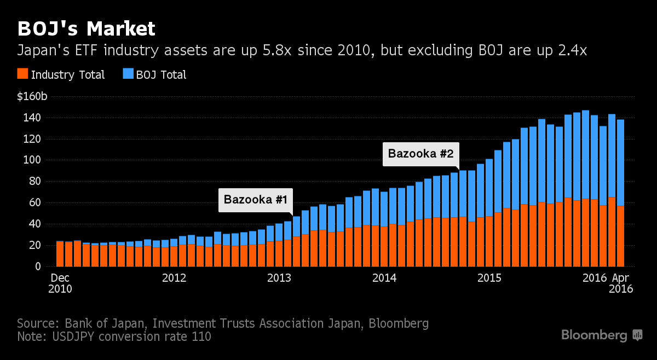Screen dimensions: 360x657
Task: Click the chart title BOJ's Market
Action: coord(86,28)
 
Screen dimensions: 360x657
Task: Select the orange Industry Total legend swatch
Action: coord(22,74)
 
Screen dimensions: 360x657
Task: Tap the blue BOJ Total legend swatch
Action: coord(127,74)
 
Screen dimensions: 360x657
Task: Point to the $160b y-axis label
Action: coord(32,97)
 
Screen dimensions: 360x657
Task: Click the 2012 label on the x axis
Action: coord(174,278)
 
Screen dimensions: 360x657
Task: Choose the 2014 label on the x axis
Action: coord(384,278)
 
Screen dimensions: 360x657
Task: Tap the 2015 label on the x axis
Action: coord(489,278)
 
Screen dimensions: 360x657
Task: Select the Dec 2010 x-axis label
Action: coord(60,283)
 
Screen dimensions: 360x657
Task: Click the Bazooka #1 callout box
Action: coord(256,200)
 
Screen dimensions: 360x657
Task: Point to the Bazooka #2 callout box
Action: coord(420,154)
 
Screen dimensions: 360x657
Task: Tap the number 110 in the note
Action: coord(201,336)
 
